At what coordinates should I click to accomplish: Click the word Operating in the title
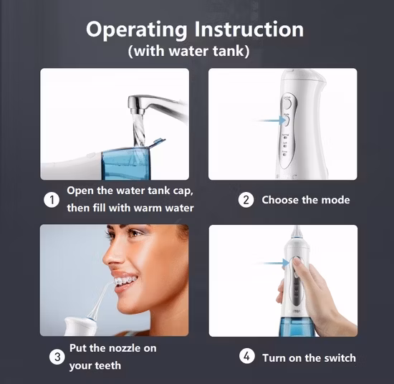pyautogui.click(x=136, y=30)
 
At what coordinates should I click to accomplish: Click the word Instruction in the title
pyautogui.click(x=249, y=29)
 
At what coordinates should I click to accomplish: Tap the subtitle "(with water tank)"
pyautogui.click(x=188, y=51)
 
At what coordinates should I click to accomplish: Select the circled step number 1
pyautogui.click(x=52, y=200)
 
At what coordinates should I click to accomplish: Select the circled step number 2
pyautogui.click(x=246, y=200)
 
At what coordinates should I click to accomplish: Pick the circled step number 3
pyautogui.click(x=57, y=357)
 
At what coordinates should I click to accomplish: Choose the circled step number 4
pyautogui.click(x=247, y=356)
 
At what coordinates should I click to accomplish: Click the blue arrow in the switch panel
pyautogui.click(x=273, y=263)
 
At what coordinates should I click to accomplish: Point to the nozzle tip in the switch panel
pyautogui.click(x=297, y=227)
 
